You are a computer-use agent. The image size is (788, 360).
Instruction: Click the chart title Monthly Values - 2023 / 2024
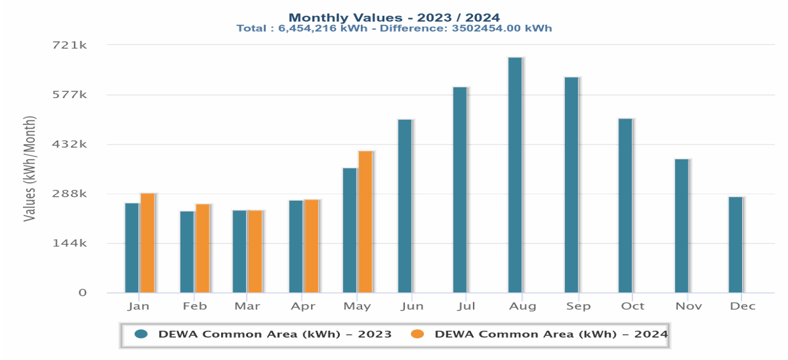click(x=394, y=18)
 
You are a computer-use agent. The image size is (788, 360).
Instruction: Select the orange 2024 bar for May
click(x=365, y=222)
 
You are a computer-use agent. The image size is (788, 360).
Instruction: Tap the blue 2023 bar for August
click(x=515, y=175)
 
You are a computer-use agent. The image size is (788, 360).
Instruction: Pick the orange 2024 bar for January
click(x=147, y=243)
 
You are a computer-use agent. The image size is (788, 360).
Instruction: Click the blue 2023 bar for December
click(x=735, y=245)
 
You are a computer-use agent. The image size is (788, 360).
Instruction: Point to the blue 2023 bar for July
click(x=460, y=190)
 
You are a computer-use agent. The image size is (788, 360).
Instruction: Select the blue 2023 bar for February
click(x=187, y=252)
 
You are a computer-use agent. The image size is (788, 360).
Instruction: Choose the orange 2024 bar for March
click(x=254, y=252)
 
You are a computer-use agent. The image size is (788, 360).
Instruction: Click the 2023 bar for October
click(x=625, y=206)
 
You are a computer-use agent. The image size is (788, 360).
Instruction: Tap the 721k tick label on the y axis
click(x=69, y=45)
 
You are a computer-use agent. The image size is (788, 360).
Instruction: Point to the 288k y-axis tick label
click(x=69, y=194)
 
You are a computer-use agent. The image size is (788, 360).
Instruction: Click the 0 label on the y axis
click(x=82, y=292)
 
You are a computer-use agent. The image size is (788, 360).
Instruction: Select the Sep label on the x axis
click(x=578, y=306)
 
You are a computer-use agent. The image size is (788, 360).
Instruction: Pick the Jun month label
click(x=412, y=306)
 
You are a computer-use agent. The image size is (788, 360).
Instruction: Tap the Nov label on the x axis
click(x=689, y=306)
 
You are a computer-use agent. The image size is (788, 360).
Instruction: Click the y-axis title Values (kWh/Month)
click(x=29, y=169)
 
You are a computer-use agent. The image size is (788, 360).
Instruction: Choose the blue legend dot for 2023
click(x=141, y=334)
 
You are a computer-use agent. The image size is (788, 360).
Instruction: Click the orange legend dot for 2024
click(x=417, y=334)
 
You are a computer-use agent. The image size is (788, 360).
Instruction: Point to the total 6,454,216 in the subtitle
click(x=308, y=29)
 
